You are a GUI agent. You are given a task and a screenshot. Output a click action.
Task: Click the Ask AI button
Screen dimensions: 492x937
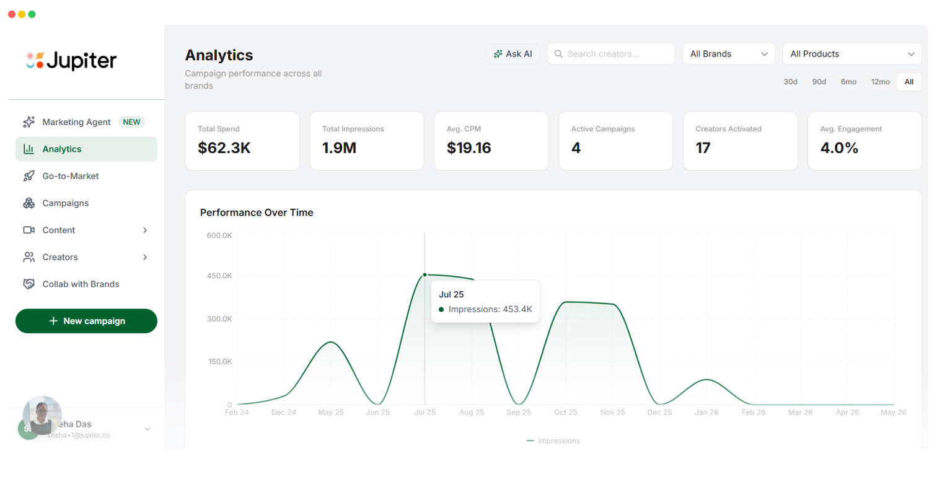click(x=512, y=54)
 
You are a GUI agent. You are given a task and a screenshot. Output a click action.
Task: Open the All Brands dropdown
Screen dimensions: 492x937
click(x=728, y=54)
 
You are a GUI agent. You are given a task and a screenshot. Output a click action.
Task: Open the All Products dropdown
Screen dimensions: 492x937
click(x=851, y=54)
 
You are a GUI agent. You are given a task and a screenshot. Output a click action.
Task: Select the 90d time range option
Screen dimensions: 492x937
click(x=819, y=82)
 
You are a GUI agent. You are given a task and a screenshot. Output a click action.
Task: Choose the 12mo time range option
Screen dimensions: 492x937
click(x=880, y=82)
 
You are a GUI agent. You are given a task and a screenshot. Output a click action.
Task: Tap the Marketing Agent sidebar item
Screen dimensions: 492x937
click(x=76, y=122)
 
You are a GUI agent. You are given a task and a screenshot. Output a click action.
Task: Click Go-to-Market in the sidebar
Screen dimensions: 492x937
click(x=71, y=176)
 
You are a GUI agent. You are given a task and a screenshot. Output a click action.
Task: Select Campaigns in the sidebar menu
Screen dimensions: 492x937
click(x=65, y=203)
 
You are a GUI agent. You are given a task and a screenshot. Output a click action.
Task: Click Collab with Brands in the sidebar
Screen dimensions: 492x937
click(x=81, y=284)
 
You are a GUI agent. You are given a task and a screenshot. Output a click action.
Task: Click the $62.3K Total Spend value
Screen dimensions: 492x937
click(x=224, y=148)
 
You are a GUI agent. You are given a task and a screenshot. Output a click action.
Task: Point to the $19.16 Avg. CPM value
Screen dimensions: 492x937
click(x=468, y=148)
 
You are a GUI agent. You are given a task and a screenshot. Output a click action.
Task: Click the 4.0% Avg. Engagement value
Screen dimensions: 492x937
click(x=839, y=148)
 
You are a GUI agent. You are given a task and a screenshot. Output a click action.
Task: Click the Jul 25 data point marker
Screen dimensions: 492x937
click(x=425, y=275)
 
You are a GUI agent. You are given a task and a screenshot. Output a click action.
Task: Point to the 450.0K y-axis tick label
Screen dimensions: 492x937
click(x=219, y=276)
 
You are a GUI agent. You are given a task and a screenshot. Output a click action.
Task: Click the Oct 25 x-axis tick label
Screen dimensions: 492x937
click(x=565, y=412)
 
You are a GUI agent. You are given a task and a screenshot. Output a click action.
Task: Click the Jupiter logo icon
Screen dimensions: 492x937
click(x=35, y=60)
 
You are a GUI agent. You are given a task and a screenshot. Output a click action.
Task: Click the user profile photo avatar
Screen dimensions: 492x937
click(x=42, y=415)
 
